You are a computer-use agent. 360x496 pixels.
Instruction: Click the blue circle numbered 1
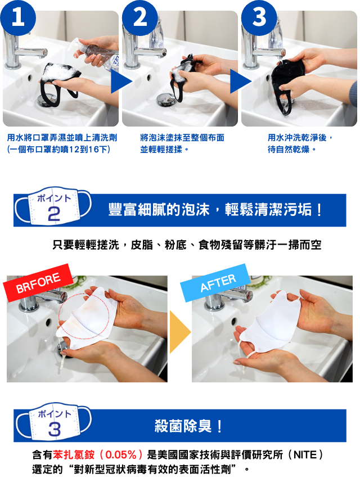(x=18, y=17)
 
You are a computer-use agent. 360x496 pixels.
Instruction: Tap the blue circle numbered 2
(x=140, y=17)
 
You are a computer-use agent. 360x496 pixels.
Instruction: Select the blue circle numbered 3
(x=259, y=17)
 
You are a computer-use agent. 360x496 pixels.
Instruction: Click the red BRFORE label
(x=38, y=282)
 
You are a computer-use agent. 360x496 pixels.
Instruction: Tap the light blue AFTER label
(x=217, y=282)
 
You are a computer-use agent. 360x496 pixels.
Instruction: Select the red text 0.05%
(x=120, y=455)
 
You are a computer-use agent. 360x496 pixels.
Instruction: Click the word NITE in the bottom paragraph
(x=305, y=455)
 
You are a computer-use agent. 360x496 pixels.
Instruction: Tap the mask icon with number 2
(x=53, y=206)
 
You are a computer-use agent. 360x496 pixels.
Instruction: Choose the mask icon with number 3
(x=53, y=422)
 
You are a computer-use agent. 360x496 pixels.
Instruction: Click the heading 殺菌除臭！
(x=188, y=426)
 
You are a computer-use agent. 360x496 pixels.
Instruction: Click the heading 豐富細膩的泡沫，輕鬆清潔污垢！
(x=215, y=210)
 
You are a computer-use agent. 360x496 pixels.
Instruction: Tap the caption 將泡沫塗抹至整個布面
(x=182, y=138)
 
